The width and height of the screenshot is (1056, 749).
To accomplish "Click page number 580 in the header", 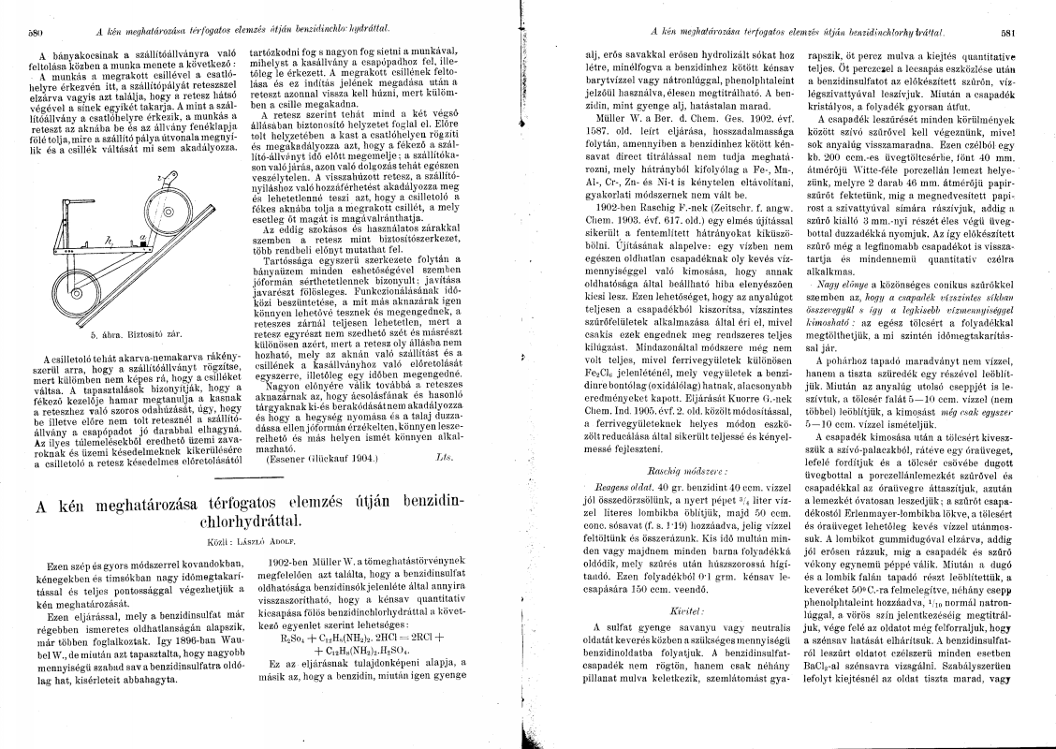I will [37, 31].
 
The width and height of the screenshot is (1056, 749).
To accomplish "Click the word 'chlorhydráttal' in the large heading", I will [257, 520].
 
